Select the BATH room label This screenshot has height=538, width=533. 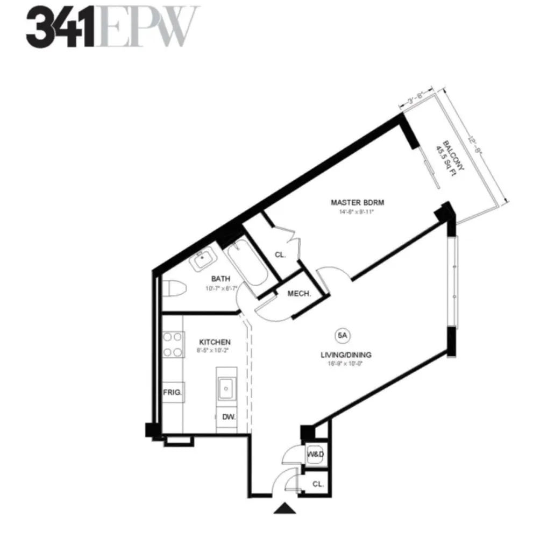tap(221, 279)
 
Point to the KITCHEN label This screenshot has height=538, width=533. tap(215, 342)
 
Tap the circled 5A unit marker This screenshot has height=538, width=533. tap(343, 335)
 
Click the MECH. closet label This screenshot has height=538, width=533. tap(300, 294)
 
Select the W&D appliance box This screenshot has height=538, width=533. tap(315, 455)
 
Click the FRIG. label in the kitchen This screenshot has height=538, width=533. tap(173, 392)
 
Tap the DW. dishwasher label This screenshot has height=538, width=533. tap(228, 417)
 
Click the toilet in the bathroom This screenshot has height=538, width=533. tap(175, 289)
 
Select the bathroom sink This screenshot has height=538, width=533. tap(203, 260)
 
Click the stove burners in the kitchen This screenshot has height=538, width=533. tap(172, 345)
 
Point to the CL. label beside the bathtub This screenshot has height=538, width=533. tap(280, 254)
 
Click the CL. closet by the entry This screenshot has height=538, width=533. tap(317, 484)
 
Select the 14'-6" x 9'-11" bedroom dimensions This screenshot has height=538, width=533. tap(352, 211)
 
